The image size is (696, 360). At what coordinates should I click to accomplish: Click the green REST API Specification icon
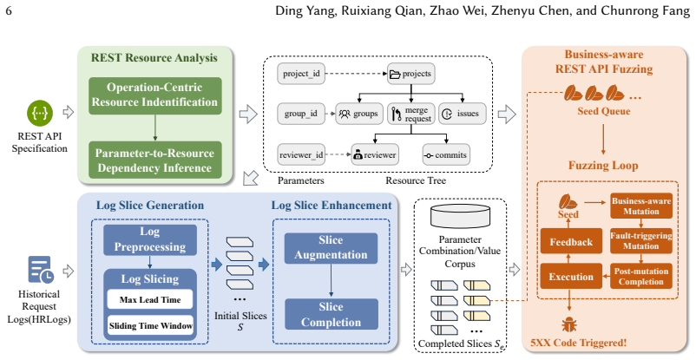40,113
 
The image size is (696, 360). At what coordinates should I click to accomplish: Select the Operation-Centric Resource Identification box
155,95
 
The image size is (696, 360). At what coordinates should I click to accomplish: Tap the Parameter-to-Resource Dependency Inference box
155,160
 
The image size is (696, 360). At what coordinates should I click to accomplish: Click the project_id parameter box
301,74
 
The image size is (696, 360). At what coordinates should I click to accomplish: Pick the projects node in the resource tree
411,74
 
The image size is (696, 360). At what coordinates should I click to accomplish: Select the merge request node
411,114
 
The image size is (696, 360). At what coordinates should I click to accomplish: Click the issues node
463,114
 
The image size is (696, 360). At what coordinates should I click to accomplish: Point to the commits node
446,155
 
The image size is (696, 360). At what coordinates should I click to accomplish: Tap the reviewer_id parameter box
301,155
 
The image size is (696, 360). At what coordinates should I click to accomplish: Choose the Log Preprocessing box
150,239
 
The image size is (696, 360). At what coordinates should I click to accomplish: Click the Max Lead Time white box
150,299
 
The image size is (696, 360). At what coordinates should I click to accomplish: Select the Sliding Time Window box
150,325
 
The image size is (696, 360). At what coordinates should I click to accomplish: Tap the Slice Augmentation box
332,248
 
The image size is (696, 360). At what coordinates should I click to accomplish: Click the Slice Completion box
332,314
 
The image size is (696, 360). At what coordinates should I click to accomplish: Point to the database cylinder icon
460,217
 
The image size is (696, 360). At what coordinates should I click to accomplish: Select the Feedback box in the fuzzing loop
571,241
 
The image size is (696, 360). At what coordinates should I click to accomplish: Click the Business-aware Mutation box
641,206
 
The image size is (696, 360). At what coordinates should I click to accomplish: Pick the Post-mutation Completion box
641,276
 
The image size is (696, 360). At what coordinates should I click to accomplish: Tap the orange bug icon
569,325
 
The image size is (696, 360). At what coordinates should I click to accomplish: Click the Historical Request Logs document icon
41,270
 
